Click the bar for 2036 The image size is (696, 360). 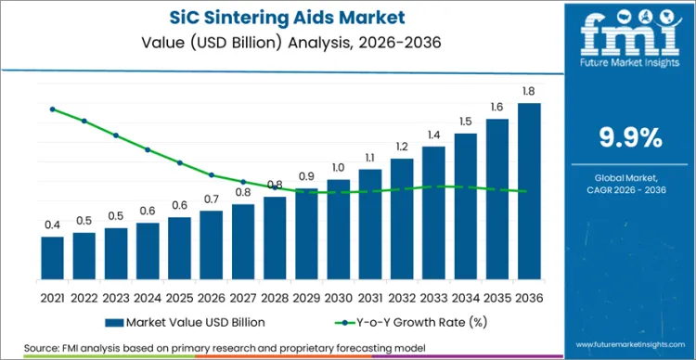pos(529,190)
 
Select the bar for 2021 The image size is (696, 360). pos(52,257)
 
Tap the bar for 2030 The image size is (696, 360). pos(338,228)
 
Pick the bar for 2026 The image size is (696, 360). pos(212,244)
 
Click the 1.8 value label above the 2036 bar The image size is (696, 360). pos(529,92)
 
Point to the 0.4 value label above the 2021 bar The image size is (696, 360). pos(52,225)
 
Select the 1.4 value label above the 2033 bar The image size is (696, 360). pos(433,135)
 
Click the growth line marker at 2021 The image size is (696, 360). pos(52,109)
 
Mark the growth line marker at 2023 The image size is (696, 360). pos(116,135)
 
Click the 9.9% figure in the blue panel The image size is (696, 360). pos(630,138)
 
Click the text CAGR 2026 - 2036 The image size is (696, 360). pos(630,189)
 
